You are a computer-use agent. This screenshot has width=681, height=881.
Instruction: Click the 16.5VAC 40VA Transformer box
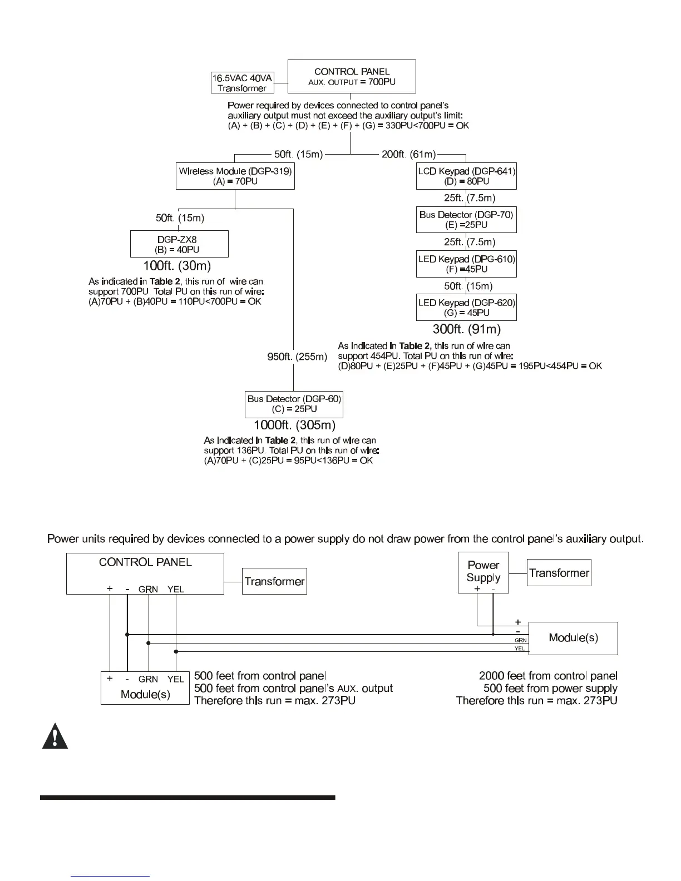coord(243,83)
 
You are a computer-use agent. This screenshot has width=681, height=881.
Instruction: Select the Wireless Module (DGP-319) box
coord(235,176)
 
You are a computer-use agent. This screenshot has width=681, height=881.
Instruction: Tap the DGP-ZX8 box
coord(179,244)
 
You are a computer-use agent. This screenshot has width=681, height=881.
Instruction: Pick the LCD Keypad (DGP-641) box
coord(466,176)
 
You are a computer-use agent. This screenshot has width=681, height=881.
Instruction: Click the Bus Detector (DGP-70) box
coord(466,220)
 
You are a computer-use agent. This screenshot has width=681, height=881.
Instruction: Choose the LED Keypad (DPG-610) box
coord(466,264)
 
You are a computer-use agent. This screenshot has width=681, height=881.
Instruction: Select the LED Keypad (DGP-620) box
coord(466,308)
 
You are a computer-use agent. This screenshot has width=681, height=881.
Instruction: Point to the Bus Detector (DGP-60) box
coord(294,404)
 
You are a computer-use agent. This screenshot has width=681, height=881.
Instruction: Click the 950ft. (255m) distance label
coord(298,357)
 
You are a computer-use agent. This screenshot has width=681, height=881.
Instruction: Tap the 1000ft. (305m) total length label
coord(295,425)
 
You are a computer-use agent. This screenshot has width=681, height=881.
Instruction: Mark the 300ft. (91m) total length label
coord(467,329)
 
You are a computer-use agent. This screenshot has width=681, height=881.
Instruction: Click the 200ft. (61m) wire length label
coord(409,154)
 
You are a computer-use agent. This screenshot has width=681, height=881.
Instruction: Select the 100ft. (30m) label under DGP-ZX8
coord(177,266)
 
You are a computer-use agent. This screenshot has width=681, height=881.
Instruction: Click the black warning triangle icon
coord(55,738)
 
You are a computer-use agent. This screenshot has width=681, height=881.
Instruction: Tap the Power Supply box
coord(483,572)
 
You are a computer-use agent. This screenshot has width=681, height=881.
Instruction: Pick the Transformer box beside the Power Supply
coord(559,573)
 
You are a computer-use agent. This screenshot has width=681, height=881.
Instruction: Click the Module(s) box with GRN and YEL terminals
coord(145,688)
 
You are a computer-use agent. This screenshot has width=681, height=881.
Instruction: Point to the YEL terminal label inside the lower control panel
coord(176,590)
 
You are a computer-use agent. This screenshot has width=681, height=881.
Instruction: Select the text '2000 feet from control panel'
coord(548,676)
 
